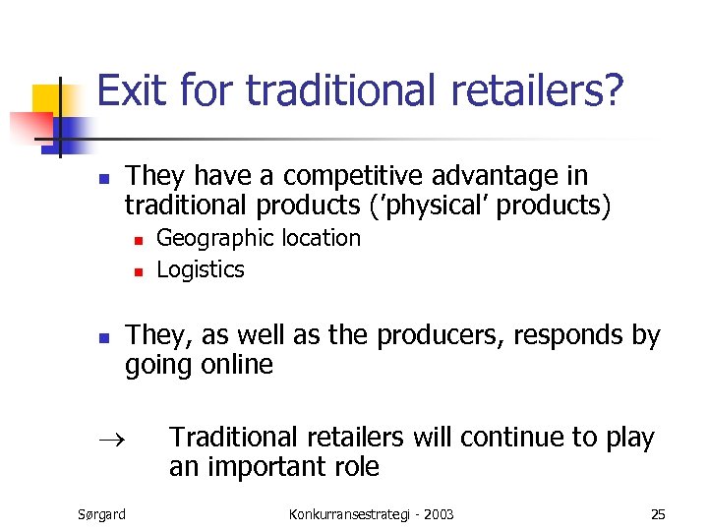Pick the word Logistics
[x=201, y=269]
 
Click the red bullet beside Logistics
[x=139, y=271]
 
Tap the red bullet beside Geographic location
[x=139, y=240]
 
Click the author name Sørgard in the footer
[x=101, y=513]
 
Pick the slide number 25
[x=658, y=513]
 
